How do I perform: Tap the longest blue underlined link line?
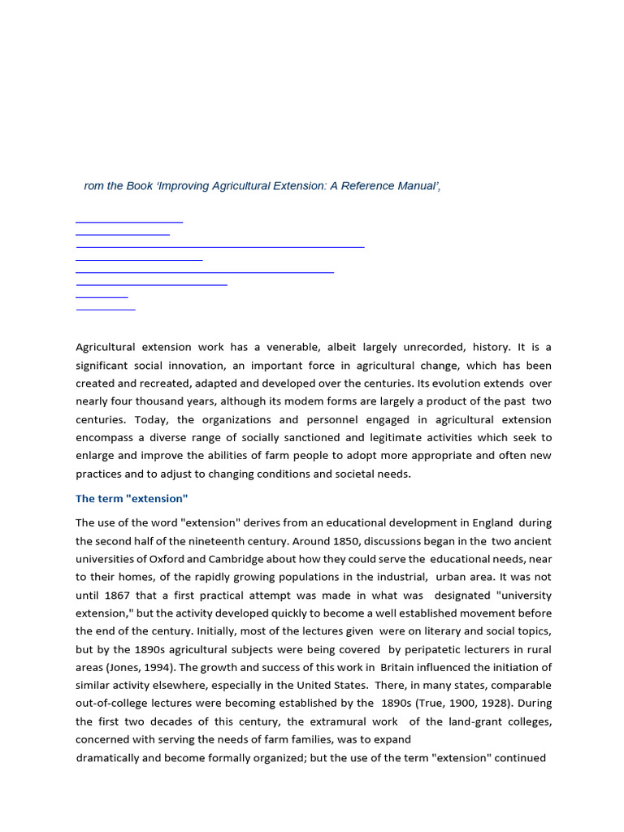pyautogui.click(x=219, y=245)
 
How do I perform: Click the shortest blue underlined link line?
pyautogui.click(x=102, y=297)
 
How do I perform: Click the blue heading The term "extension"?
pyautogui.click(x=132, y=499)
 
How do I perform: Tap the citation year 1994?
pyautogui.click(x=167, y=667)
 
